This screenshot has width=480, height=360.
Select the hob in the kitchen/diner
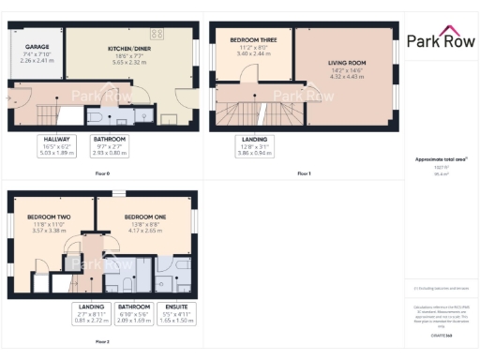click(x=156, y=35)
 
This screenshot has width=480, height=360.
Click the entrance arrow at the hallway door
click(x=12, y=94)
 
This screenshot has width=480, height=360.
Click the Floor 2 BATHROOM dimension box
click(x=133, y=313)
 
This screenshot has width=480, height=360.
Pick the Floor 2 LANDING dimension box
click(x=92, y=313)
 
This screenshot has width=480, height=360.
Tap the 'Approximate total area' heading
click(x=440, y=159)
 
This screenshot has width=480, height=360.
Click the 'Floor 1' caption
click(x=303, y=174)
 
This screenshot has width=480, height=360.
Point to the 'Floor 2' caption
click(x=102, y=341)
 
